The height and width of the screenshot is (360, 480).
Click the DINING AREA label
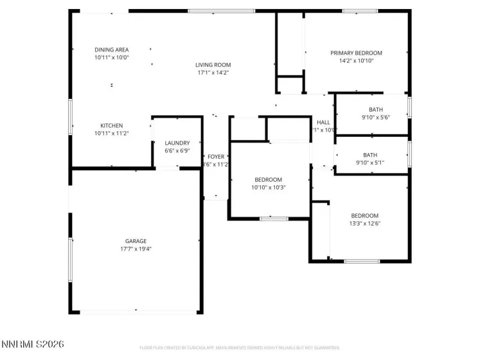tap(112, 50)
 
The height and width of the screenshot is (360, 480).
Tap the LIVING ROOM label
tap(213, 65)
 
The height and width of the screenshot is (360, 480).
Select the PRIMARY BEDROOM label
tap(356, 53)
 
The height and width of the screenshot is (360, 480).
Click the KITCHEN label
tap(111, 125)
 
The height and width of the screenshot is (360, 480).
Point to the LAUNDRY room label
tap(177, 143)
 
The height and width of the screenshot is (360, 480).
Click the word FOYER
tap(216, 156)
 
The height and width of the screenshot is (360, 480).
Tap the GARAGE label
tap(136, 241)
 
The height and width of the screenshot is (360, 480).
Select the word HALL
tap(323, 122)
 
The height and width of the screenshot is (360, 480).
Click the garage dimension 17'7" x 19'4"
tap(136, 249)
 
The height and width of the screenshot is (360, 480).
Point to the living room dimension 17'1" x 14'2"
tap(213, 73)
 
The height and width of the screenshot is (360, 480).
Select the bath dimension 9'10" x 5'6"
tap(375, 117)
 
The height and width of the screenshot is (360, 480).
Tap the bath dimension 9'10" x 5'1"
tap(370, 163)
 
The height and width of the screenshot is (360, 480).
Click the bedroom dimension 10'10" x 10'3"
tap(268, 187)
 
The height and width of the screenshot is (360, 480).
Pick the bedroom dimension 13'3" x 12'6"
tap(364, 224)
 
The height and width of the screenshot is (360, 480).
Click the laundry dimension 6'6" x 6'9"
tap(177, 150)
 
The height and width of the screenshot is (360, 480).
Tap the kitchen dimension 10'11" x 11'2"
tap(111, 133)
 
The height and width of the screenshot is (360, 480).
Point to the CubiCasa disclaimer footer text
tap(240, 348)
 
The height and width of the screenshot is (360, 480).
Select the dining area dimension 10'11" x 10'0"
tap(112, 57)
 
